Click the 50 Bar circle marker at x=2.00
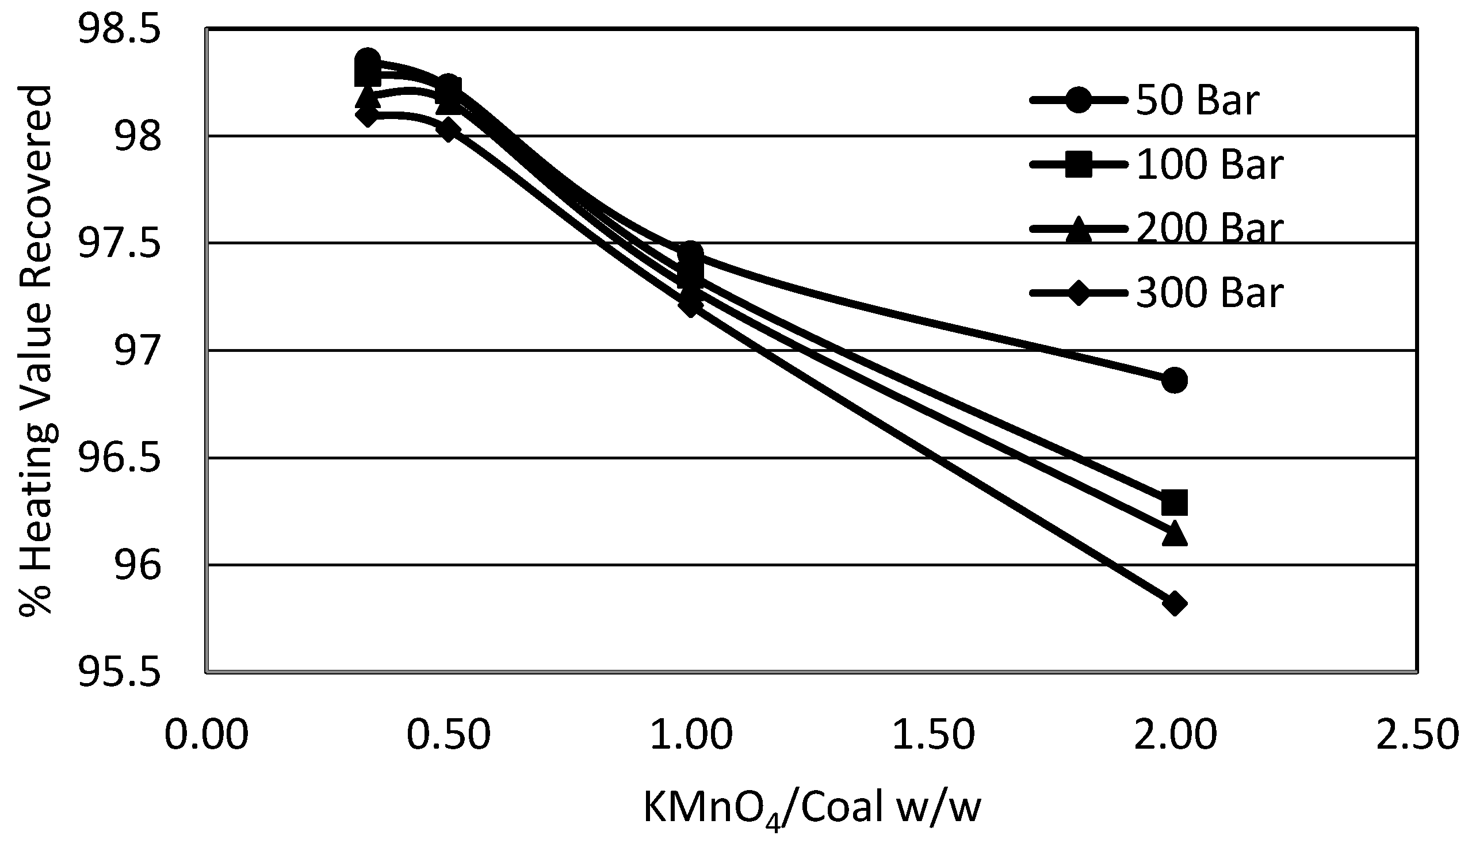pyautogui.click(x=1174, y=381)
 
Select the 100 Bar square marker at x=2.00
pyautogui.click(x=1174, y=503)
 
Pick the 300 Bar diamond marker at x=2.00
pyautogui.click(x=1174, y=604)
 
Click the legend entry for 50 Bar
pyautogui.click(x=1197, y=101)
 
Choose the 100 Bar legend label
pyautogui.click(x=1209, y=164)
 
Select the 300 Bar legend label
pyautogui.click(x=1209, y=292)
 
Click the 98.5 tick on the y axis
pyautogui.click(x=118, y=29)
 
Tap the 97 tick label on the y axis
pyautogui.click(x=137, y=351)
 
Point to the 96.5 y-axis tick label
pyautogui.click(x=118, y=458)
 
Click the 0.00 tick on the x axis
pyautogui.click(x=207, y=735)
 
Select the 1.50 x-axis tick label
pyautogui.click(x=933, y=735)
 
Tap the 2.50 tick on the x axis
pyautogui.click(x=1417, y=735)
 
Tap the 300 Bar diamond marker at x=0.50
pyautogui.click(x=448, y=129)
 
